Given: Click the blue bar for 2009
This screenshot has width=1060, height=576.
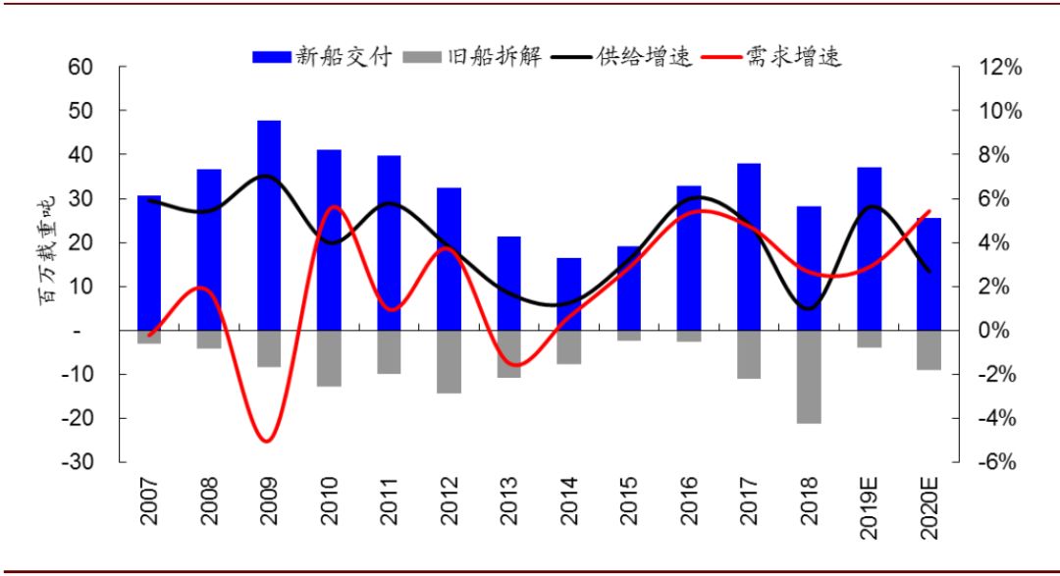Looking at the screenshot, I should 269,226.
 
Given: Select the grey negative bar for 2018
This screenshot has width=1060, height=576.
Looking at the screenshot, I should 809,377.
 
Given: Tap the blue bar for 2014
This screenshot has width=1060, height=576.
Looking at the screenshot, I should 569,294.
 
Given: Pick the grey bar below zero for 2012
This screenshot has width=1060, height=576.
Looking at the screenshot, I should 449,362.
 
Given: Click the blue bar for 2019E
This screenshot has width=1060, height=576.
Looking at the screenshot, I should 869,249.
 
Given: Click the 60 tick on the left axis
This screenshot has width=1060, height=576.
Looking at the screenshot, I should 80,68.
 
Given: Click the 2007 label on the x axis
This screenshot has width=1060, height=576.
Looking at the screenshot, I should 149,501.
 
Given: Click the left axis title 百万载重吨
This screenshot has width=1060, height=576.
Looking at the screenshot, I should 46,250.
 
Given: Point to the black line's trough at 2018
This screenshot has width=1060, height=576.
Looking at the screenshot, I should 807,309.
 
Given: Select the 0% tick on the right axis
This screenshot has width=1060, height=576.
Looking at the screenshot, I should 996,331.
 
